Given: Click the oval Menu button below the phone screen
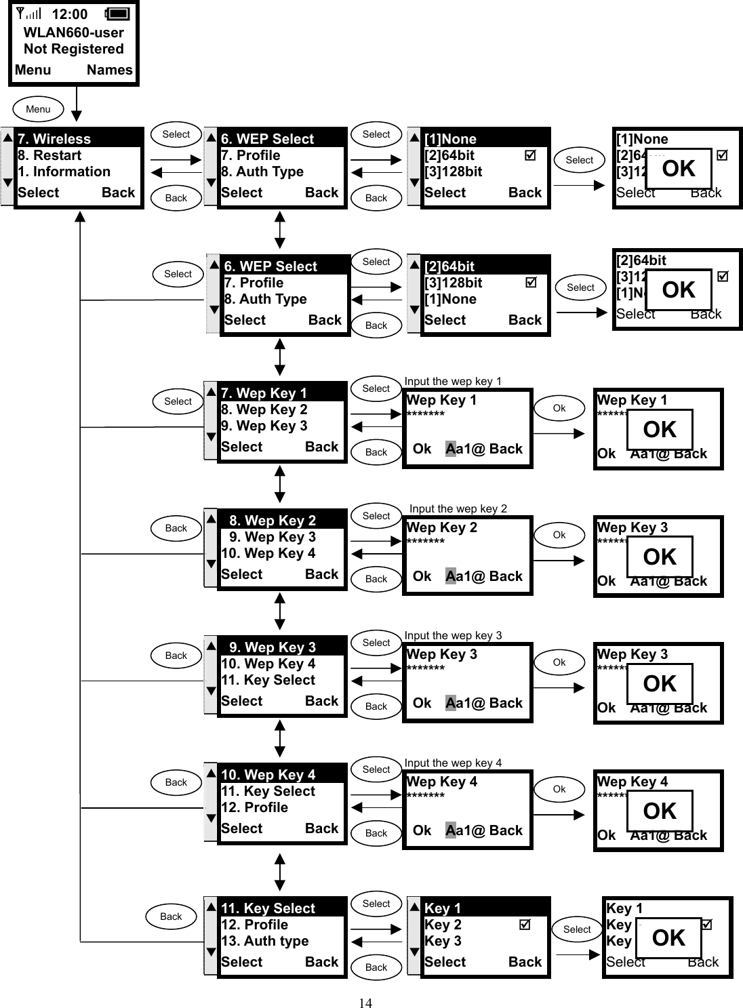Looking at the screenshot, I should pyautogui.click(x=38, y=109).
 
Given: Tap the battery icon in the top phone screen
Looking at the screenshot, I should pyautogui.click(x=117, y=14).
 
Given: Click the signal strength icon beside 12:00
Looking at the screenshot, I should pyautogui.click(x=28, y=14).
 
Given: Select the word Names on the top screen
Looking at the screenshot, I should pyautogui.click(x=109, y=70).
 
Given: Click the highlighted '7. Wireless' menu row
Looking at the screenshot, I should pyautogui.click(x=79, y=139).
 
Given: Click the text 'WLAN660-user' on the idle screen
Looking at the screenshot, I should pyautogui.click(x=73, y=33).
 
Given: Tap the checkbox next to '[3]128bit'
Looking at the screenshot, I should pyautogui.click(x=531, y=283).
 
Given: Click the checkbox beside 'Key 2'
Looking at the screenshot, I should pyautogui.click(x=525, y=925).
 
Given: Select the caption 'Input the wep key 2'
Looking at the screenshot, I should pyautogui.click(x=458, y=509).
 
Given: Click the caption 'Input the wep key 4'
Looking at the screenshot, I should pyautogui.click(x=453, y=763).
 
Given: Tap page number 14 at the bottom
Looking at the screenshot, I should pyautogui.click(x=365, y=1003).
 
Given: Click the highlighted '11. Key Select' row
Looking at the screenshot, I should pyautogui.click(x=281, y=908).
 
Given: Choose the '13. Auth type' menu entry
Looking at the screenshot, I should pyautogui.click(x=265, y=941).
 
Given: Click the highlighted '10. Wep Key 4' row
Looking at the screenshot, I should pyautogui.click(x=281, y=775).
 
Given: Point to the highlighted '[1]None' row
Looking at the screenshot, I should pyautogui.click(x=484, y=139).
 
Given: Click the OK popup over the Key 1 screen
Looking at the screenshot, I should pyautogui.click(x=668, y=938).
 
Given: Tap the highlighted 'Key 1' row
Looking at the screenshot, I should pyautogui.click(x=484, y=908).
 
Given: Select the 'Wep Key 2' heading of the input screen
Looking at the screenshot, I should pyautogui.click(x=441, y=527).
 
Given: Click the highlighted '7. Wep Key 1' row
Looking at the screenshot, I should pyautogui.click(x=281, y=393).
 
